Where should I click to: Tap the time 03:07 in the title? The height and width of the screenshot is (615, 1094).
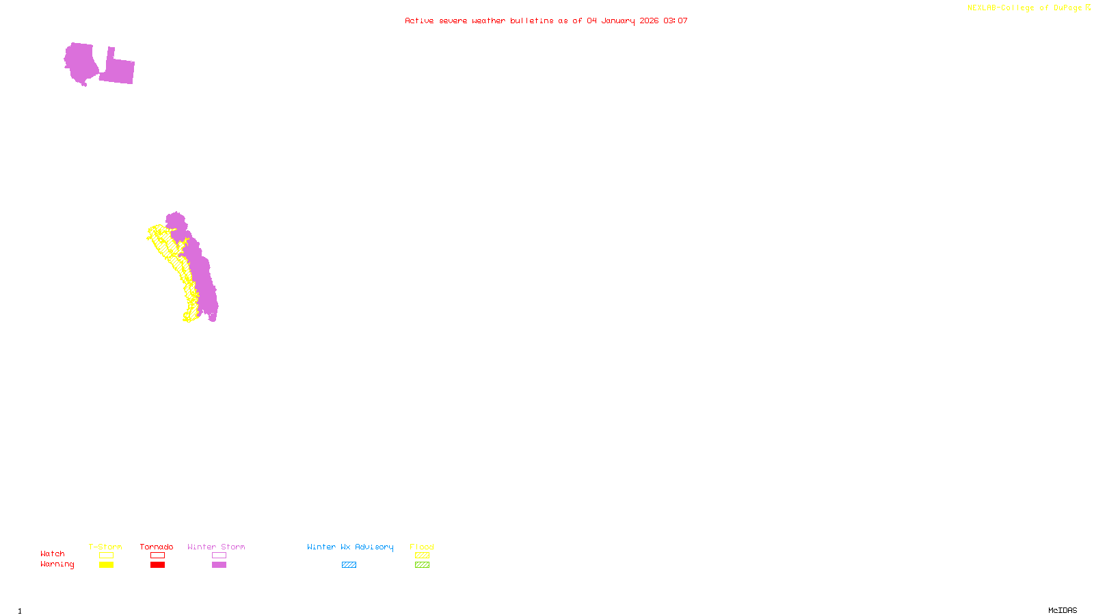(676, 20)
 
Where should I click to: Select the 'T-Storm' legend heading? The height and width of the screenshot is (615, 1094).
(105, 547)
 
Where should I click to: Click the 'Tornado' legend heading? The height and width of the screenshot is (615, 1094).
(157, 547)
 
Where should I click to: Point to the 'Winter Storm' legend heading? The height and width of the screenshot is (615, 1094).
(216, 547)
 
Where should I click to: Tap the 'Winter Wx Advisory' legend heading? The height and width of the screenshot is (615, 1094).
(350, 547)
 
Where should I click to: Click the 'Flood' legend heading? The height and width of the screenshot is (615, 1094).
(422, 547)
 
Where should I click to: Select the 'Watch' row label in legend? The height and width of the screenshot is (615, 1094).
(53, 553)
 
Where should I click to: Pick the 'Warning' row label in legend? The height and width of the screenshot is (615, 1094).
(57, 564)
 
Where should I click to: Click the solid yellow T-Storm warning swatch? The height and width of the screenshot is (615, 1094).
(106, 565)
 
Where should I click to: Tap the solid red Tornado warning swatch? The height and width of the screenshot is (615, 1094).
(157, 565)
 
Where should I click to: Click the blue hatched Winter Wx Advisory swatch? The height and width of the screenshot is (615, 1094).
(349, 565)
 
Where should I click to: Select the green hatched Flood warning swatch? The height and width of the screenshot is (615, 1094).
(422, 565)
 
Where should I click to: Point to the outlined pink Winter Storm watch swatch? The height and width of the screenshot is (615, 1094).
(219, 556)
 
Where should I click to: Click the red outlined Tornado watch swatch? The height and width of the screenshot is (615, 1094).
(157, 556)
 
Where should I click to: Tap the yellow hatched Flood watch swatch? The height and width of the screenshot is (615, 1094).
(422, 556)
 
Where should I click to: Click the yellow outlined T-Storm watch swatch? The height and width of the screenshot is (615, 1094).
(106, 556)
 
